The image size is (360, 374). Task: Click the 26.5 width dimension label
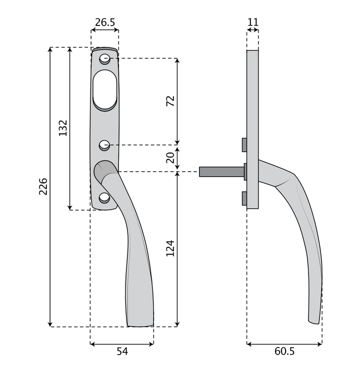105,22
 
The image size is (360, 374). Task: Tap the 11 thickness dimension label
252,22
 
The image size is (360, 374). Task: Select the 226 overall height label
43,186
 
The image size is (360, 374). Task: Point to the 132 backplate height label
63,128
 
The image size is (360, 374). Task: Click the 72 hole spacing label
170,101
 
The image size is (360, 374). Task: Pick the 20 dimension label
170,158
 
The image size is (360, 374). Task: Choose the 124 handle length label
170,248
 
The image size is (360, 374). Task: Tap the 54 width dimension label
122,352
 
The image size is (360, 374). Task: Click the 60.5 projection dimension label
284,352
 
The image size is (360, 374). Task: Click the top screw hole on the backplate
104,59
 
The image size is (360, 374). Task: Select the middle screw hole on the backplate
104,145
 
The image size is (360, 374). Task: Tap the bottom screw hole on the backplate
104,198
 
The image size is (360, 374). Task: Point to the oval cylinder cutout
105,90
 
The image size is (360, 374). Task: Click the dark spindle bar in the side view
221,172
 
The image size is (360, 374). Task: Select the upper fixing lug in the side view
244,144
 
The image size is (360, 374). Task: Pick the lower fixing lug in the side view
244,198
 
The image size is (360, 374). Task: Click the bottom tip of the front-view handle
140,326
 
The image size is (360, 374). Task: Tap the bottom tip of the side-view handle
314,322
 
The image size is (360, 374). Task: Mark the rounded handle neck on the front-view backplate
104,171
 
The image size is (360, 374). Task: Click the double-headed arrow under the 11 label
252,30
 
